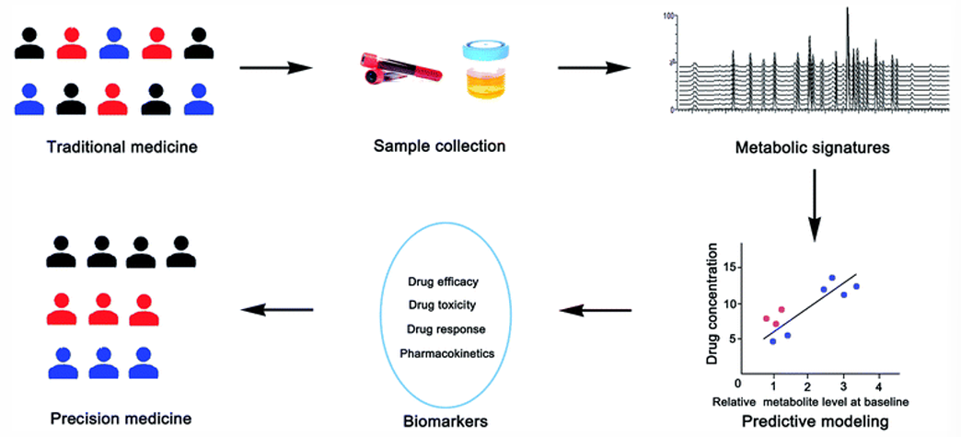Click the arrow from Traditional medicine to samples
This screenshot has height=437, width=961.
[x=275, y=67]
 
